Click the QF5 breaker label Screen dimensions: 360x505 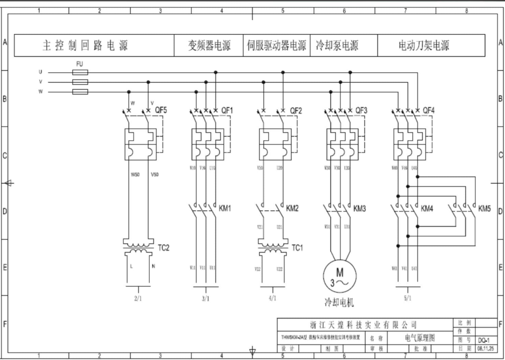tap(161, 110)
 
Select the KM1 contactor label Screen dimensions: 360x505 tap(225, 208)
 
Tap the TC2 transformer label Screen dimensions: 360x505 tap(164, 248)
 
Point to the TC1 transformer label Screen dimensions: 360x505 tap(297, 248)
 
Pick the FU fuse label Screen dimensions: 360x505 tap(80, 64)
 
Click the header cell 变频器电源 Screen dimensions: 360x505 tap(209, 46)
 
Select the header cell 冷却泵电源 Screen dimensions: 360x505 tap(337, 46)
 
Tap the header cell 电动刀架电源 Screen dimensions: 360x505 tap(424, 46)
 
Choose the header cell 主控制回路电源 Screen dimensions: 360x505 tap(85, 46)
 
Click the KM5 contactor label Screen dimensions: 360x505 tap(485, 209)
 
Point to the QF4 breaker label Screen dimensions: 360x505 tap(428, 110)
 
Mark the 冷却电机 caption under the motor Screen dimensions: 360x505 tap(339, 303)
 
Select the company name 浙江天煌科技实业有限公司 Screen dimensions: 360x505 tap(363, 325)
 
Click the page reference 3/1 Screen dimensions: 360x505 tap(205, 298)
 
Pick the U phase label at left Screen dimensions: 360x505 tap(41, 72)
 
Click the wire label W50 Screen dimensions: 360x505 tap(134, 175)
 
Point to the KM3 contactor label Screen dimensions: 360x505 tap(360, 208)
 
